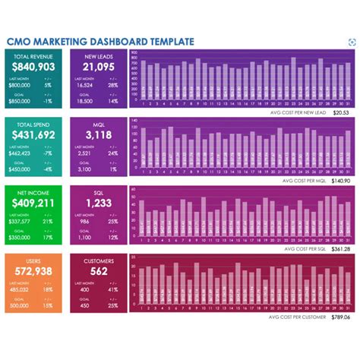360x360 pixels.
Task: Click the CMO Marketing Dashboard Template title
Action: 99,42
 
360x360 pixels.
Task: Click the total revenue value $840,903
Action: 33,67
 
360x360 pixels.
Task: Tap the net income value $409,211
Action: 33,203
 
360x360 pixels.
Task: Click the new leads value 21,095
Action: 98,67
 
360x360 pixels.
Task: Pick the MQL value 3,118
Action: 98,135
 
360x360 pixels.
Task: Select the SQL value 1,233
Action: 98,203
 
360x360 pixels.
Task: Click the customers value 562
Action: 98,271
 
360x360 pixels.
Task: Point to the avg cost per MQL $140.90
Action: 339,180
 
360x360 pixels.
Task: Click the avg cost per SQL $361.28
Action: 339,248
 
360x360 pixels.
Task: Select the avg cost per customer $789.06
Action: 339,316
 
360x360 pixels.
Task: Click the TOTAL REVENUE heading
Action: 33,56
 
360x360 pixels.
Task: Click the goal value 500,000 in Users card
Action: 21,305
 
